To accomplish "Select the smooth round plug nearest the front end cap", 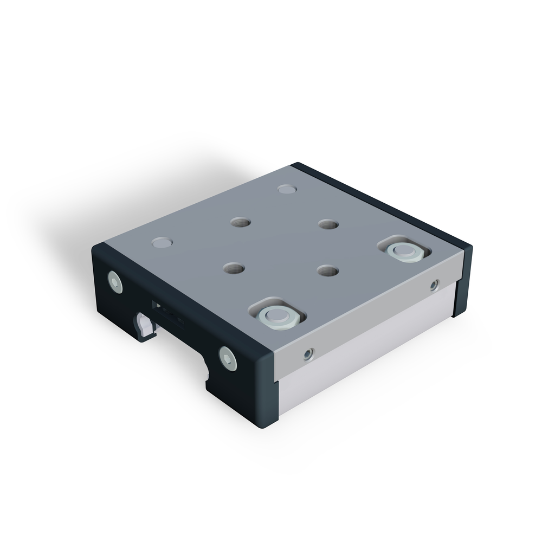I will coord(162,242).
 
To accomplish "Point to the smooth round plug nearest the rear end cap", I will coord(287,189).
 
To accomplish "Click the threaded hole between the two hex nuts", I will coord(328,270).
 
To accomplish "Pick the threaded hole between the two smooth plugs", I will coord(240,222).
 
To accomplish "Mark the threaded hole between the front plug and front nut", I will coord(234,268).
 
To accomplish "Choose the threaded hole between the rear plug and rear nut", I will coord(328,224).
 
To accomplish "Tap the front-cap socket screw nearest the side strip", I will coord(228,358).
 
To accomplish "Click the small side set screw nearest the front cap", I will coord(308,354).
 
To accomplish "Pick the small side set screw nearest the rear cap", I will coord(434,285).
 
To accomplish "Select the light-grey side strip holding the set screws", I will coord(369,320).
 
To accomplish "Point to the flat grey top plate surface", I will coord(282,244).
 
